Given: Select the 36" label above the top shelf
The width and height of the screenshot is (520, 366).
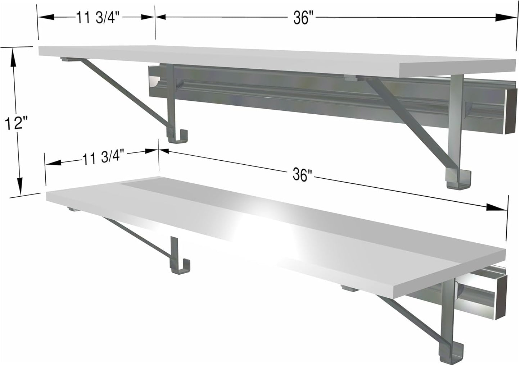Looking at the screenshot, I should pos(301,18).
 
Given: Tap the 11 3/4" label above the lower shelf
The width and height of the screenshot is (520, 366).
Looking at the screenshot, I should pos(103,157).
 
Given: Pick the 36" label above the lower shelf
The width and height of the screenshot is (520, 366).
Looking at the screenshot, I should pos(301,175).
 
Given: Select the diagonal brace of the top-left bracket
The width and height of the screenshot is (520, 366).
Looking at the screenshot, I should pos(126,95).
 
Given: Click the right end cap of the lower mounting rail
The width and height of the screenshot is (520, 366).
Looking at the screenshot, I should pos(501,298).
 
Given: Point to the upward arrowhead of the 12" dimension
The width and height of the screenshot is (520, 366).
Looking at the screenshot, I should pos(14,58).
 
